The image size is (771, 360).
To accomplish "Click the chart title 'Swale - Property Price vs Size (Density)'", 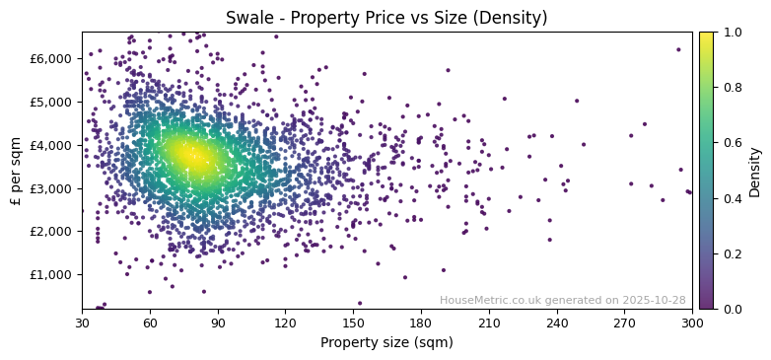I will (386, 18).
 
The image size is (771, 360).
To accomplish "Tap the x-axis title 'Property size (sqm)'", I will (386, 343).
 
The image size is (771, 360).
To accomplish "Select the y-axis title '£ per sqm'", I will (16, 170).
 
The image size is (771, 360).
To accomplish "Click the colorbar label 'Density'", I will (755, 170).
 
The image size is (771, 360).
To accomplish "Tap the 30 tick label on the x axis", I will (82, 322).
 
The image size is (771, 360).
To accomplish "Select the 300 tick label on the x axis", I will (692, 322).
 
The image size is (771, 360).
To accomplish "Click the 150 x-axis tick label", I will (353, 322).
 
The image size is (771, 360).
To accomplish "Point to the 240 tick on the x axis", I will (556, 322).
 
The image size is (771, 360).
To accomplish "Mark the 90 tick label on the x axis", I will (218, 322).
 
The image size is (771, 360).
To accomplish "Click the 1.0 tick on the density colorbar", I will (732, 32).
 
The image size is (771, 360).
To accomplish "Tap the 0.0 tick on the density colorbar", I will (732, 309).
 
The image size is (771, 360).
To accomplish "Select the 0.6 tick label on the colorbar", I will (732, 143).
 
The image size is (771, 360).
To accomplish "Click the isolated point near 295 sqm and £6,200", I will (678, 49).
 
